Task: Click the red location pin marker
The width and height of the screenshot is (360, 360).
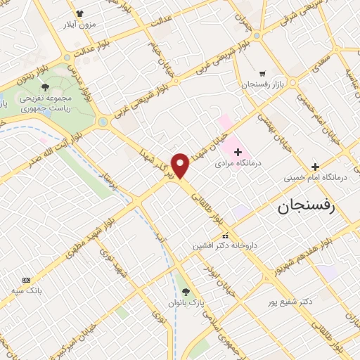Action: (181, 165)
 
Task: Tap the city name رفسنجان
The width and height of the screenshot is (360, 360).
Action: (307, 205)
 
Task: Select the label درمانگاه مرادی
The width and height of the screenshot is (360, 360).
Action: (238, 162)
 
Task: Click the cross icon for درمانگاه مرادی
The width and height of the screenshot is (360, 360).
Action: (238, 151)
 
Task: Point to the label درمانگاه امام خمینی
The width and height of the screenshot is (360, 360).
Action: (316, 178)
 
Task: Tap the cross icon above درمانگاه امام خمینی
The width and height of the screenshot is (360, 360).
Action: (316, 167)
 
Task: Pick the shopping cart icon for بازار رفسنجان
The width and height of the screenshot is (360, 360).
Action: (262, 73)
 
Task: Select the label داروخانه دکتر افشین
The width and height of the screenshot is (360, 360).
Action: (226, 247)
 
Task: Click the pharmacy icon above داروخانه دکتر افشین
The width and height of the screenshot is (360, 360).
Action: (225, 236)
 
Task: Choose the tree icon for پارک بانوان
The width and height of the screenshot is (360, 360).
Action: (186, 291)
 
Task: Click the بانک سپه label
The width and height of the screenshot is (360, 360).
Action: (27, 290)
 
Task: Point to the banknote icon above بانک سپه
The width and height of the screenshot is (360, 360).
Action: (27, 279)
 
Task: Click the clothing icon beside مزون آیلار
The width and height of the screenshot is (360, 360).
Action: (79, 13)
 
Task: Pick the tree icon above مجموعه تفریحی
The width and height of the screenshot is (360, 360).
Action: (46, 87)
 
